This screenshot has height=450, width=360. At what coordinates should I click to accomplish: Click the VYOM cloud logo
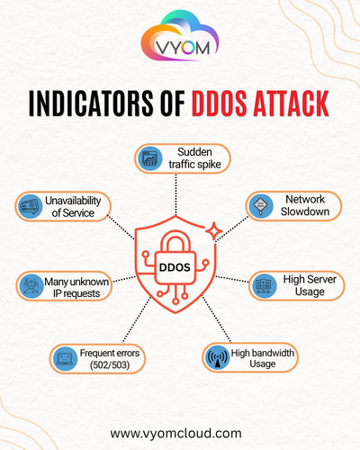click(180, 35)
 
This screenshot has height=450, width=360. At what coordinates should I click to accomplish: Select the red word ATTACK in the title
click(291, 103)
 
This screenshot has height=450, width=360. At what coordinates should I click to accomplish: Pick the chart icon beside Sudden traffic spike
click(150, 158)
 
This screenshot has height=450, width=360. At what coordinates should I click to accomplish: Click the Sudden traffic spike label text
click(194, 158)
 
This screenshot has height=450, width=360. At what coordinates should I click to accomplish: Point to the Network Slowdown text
click(305, 205)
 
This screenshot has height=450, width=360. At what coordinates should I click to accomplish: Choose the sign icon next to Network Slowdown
click(261, 206)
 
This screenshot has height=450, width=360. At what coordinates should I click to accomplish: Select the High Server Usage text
click(310, 285)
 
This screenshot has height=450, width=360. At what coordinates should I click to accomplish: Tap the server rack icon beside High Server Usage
click(264, 285)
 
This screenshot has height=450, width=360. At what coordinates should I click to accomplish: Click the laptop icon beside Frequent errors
click(65, 358)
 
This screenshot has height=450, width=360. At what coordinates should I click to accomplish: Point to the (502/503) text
click(110, 365)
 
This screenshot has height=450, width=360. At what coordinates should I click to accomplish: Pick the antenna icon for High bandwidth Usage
click(218, 357)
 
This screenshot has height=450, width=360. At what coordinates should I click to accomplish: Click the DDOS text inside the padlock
click(175, 267)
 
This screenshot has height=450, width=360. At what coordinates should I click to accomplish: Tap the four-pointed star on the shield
click(214, 231)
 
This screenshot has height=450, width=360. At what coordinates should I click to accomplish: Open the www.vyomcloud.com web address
click(175, 434)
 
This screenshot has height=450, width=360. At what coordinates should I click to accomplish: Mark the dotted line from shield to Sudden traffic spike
click(175, 194)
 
